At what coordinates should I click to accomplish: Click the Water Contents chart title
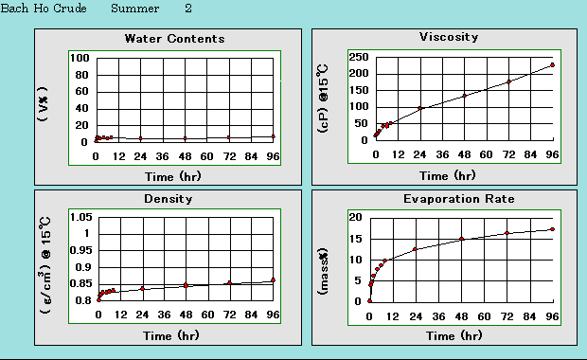175,39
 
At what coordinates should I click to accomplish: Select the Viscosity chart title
449,37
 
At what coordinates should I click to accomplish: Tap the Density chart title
169,199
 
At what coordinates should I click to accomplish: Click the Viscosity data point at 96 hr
552,65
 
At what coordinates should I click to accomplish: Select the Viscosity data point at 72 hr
508,81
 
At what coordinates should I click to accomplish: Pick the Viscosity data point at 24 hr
420,108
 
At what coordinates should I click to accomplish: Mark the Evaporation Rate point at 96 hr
552,229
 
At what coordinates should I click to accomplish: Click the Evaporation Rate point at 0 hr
370,300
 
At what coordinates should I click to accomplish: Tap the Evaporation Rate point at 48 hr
462,239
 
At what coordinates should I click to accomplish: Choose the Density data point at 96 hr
274,279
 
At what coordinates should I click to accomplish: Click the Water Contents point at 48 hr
185,138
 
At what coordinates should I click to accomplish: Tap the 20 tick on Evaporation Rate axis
357,217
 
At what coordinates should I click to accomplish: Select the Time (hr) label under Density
171,335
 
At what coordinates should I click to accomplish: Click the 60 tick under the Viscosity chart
487,154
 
